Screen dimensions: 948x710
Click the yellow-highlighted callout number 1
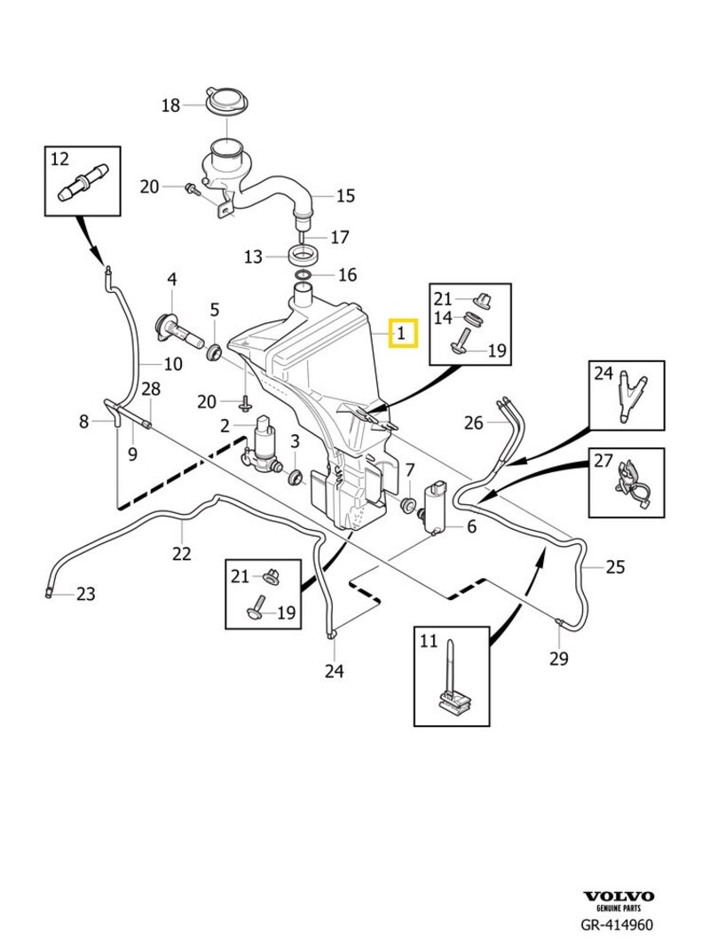pyautogui.click(x=401, y=335)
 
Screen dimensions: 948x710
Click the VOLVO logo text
pyautogui.click(x=619, y=897)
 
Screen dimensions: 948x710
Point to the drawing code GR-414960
pyautogui.click(x=617, y=925)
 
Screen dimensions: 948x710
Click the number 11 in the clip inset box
pyautogui.click(x=429, y=642)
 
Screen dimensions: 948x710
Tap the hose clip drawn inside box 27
pyautogui.click(x=630, y=480)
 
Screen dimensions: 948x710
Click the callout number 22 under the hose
pyautogui.click(x=182, y=553)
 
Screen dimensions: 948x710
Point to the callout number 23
pyautogui.click(x=85, y=594)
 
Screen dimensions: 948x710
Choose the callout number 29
pyautogui.click(x=559, y=658)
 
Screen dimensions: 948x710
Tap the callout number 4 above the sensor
pyautogui.click(x=172, y=280)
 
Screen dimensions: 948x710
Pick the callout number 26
pyautogui.click(x=474, y=423)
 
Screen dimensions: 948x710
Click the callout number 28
pyautogui.click(x=151, y=389)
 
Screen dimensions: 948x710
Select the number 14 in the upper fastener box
pyautogui.click(x=443, y=317)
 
